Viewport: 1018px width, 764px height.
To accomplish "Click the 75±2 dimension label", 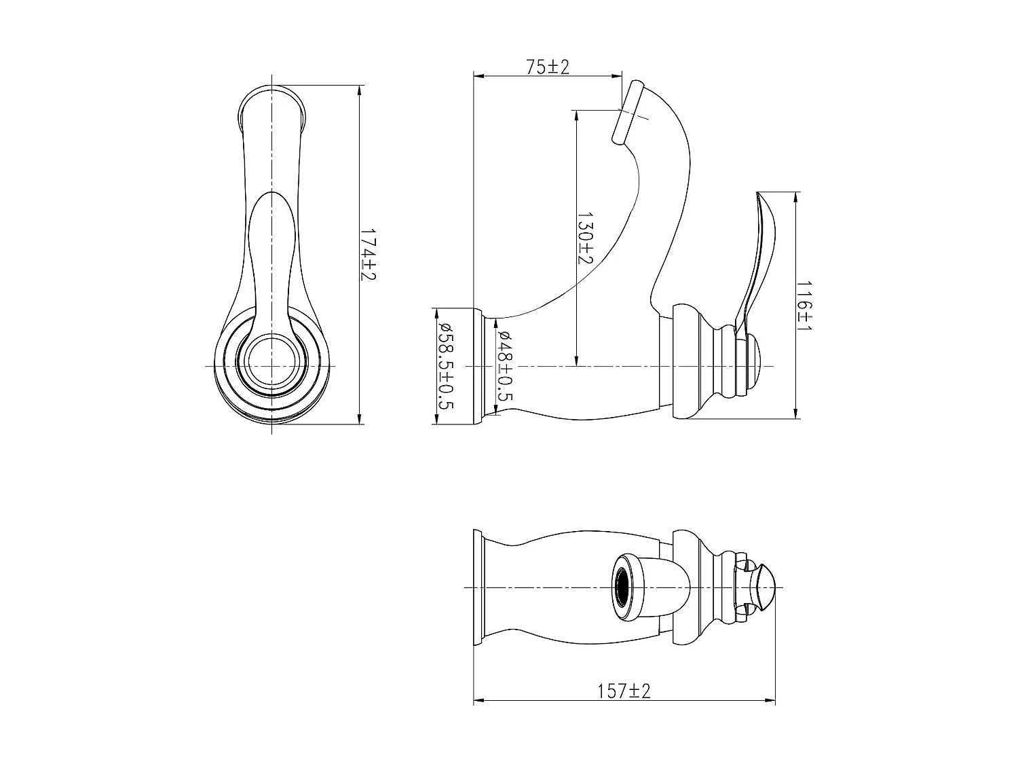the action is [x=547, y=67].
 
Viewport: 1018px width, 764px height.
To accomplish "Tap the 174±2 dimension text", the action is [x=369, y=254].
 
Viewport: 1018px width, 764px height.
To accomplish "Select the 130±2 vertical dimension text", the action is [x=585, y=238].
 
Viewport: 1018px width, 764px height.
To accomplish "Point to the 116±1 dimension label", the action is [x=804, y=306].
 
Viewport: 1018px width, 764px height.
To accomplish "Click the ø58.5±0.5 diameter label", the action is [x=445, y=365].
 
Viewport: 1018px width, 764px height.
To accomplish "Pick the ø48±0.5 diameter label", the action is [x=505, y=365].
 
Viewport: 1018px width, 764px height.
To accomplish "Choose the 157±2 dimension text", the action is [x=624, y=691].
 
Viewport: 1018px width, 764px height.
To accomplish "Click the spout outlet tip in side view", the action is [x=628, y=113].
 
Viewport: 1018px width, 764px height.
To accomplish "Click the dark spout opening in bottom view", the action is [x=623, y=587].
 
